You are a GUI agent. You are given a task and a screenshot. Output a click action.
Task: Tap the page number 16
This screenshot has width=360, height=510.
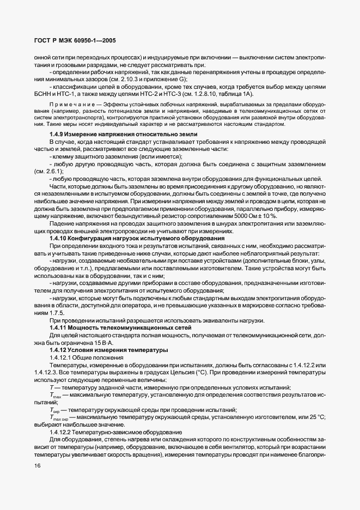click(x=37, y=466)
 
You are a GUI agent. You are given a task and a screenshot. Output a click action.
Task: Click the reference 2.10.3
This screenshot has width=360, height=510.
click(x=138, y=79)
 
